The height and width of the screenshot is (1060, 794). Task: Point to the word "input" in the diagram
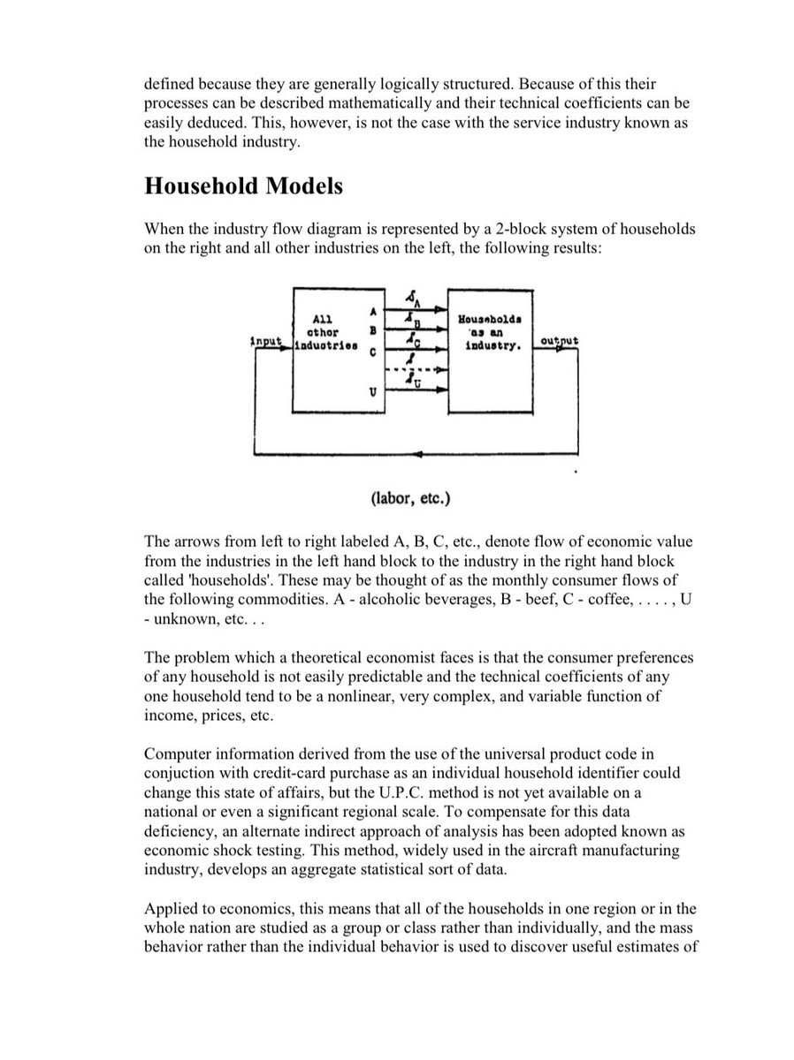pyautogui.click(x=266, y=341)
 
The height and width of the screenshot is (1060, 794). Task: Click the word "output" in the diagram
pyautogui.click(x=559, y=341)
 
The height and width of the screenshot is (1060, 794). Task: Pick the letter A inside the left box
pyautogui.click(x=373, y=312)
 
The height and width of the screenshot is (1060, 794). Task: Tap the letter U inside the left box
pyautogui.click(x=373, y=391)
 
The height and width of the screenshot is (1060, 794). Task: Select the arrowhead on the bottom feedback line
pyautogui.click(x=416, y=454)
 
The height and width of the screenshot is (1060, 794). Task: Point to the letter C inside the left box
pyautogui.click(x=373, y=352)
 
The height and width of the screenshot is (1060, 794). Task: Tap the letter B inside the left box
pyautogui.click(x=373, y=331)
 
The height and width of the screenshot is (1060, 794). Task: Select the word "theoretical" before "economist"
pyautogui.click(x=314, y=658)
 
